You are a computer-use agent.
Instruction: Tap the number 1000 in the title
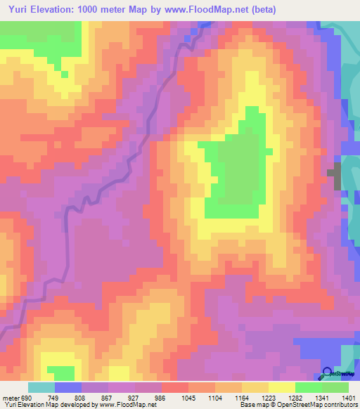[x=90, y=10]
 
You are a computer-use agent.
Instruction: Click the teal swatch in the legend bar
[x=41, y=387]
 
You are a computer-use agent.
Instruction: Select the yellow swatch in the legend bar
[x=281, y=387]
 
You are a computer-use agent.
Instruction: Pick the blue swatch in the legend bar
[x=68, y=387]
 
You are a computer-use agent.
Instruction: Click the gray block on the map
[x=336, y=175]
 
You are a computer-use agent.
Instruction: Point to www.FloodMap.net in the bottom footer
[x=127, y=405]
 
